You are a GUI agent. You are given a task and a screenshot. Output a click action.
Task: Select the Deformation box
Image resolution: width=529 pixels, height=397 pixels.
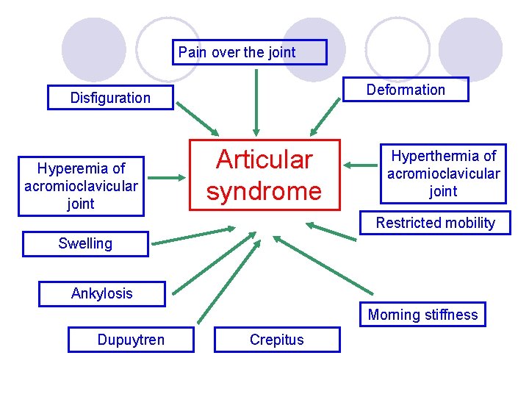tap(406, 90)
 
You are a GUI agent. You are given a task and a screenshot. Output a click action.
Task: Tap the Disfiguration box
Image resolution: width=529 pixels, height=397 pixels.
tap(110, 98)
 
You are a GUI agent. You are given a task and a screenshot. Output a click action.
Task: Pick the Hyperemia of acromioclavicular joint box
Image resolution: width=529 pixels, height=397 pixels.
tap(81, 186)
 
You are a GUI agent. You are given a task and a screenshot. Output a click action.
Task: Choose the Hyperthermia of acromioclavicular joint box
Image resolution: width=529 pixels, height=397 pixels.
tap(443, 174)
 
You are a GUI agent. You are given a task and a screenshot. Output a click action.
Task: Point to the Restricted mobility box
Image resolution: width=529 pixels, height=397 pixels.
tap(435, 223)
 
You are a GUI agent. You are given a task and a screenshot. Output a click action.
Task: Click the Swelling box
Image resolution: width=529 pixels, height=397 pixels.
tap(85, 243)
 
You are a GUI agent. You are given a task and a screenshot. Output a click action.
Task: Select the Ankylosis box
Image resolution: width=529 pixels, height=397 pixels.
tap(102, 293)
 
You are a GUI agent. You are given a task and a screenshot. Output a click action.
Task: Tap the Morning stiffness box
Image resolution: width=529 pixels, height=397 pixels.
tap(422, 315)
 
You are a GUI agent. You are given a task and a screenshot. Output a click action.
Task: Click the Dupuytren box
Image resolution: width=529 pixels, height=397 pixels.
tap(131, 340)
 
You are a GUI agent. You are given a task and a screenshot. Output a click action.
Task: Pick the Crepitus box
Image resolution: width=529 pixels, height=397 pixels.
tap(277, 340)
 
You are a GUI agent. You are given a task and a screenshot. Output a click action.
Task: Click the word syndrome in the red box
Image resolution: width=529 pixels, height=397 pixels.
tap(264, 191)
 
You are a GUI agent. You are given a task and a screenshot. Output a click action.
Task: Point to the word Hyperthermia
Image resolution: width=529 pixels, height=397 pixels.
tap(443, 156)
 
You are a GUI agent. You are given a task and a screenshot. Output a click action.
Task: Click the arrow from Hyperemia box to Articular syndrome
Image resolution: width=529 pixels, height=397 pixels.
tap(170, 177)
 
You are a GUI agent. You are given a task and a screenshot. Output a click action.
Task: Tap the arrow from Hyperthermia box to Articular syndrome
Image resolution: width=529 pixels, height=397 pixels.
tap(360, 166)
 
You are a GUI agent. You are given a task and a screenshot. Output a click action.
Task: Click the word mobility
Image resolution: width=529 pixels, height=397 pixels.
tap(468, 223)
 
